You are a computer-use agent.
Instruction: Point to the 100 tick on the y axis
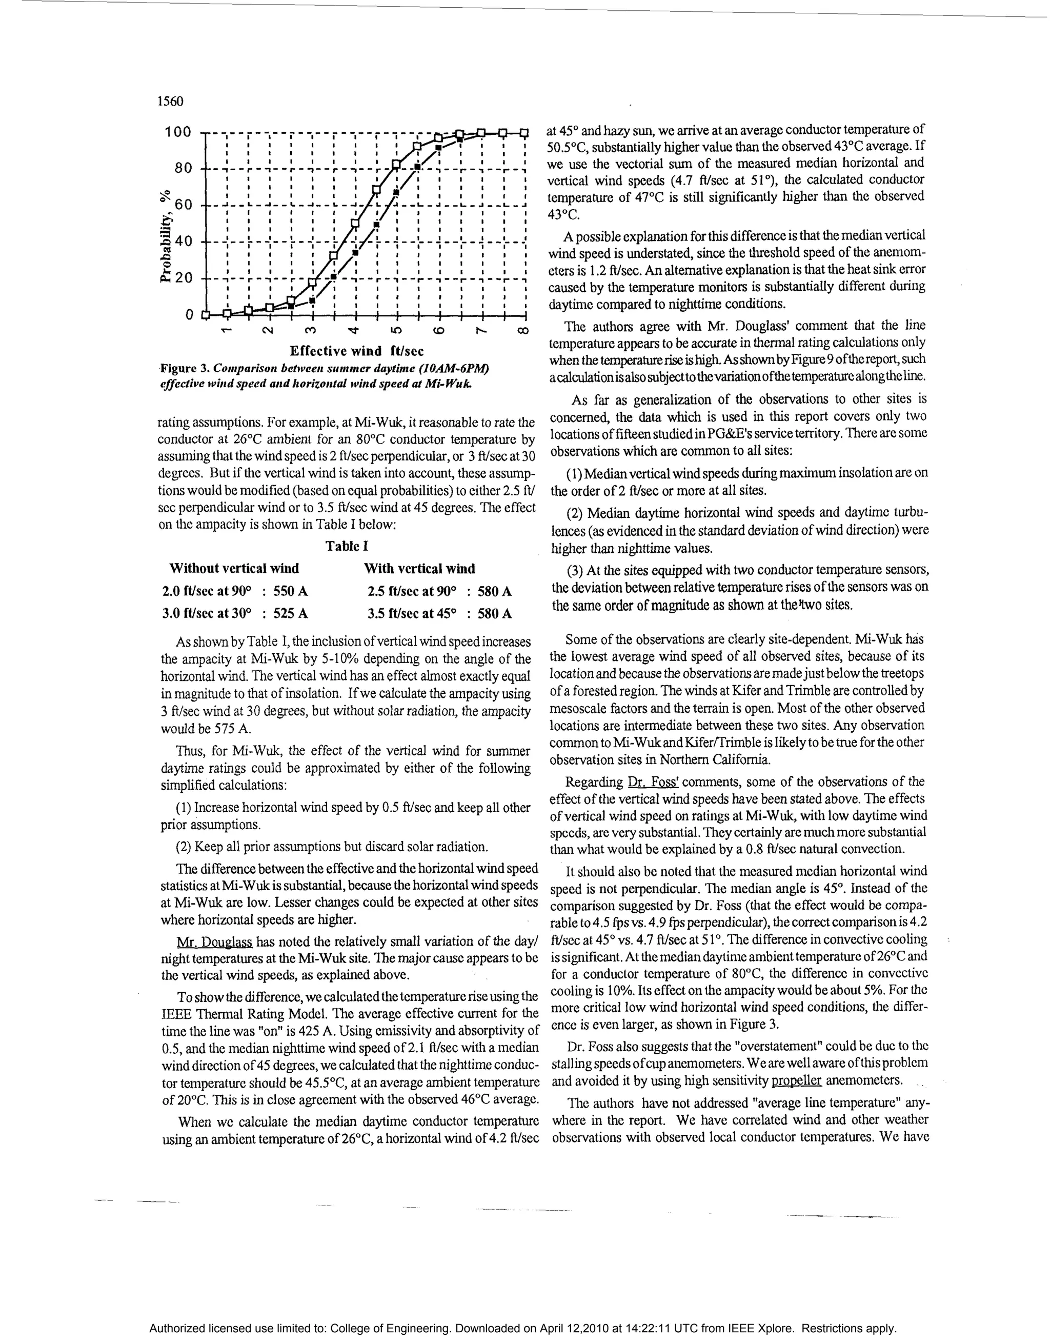[x=178, y=132]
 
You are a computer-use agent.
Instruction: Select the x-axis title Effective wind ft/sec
[x=357, y=351]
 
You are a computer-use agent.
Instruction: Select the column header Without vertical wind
[x=234, y=569]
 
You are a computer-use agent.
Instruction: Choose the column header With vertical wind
[x=419, y=569]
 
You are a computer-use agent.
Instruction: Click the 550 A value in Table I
[x=290, y=591]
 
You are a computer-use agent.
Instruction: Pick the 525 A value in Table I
[x=290, y=613]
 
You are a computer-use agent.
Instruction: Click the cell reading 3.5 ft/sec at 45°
[x=412, y=613]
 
